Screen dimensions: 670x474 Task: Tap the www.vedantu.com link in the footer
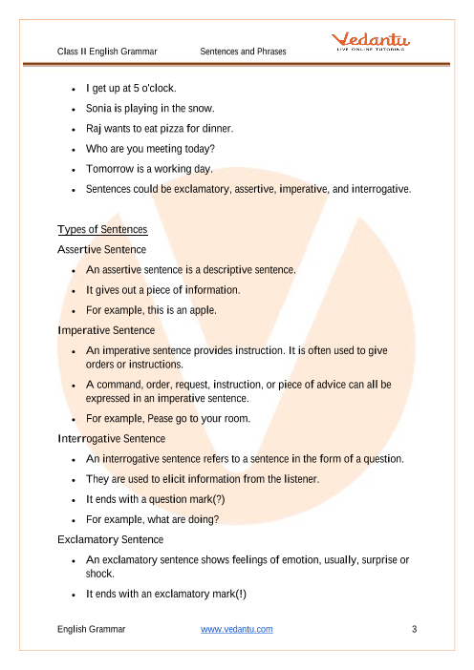pos(237,629)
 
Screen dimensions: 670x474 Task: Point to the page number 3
pos(414,629)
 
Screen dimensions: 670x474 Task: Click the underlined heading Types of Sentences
pos(102,230)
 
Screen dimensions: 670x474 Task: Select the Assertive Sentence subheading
pos(102,249)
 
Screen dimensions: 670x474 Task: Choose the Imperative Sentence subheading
pos(105,330)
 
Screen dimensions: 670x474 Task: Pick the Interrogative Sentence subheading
pos(111,438)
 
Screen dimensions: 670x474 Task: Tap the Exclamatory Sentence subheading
pos(109,539)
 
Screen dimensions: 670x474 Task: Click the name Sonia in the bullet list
pos(99,110)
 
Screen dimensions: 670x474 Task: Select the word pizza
pos(177,128)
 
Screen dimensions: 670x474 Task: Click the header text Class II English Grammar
pos(107,51)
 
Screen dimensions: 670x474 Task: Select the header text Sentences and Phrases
pos(244,51)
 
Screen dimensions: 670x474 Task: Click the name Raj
pos(95,128)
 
